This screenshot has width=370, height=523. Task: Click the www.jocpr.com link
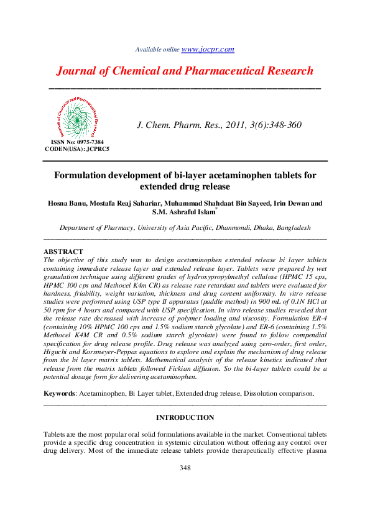pyautogui.click(x=208, y=49)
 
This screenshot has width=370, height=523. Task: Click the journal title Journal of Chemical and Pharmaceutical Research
pyautogui.click(x=185, y=71)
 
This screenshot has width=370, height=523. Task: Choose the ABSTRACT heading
pyautogui.click(x=63, y=252)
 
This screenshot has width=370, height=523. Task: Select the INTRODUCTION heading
pyautogui.click(x=185, y=417)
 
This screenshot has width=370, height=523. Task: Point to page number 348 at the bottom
pyautogui.click(x=185, y=468)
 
